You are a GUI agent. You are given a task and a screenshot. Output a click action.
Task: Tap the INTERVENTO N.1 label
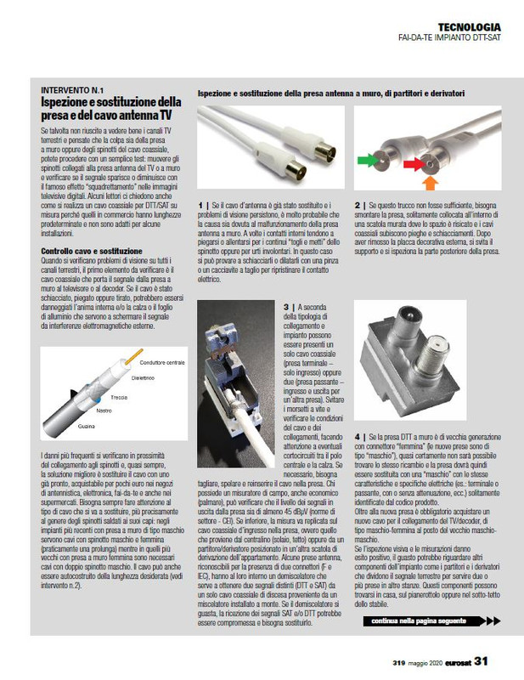coord(72,90)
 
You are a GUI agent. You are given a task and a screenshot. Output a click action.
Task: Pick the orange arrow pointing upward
coord(429,182)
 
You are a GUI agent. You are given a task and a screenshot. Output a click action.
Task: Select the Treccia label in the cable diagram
coord(118,397)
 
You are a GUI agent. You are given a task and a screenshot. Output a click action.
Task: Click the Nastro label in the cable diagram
coord(104,411)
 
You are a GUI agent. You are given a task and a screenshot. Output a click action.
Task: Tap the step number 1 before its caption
coord(200,205)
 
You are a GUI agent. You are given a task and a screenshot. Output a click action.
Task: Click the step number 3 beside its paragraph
coord(285,305)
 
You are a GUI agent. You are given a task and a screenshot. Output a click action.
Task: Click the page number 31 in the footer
coord(480,660)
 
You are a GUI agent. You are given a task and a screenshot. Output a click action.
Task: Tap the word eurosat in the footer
coord(449,660)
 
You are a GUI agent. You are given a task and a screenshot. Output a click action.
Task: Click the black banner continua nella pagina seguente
coord(429,621)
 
